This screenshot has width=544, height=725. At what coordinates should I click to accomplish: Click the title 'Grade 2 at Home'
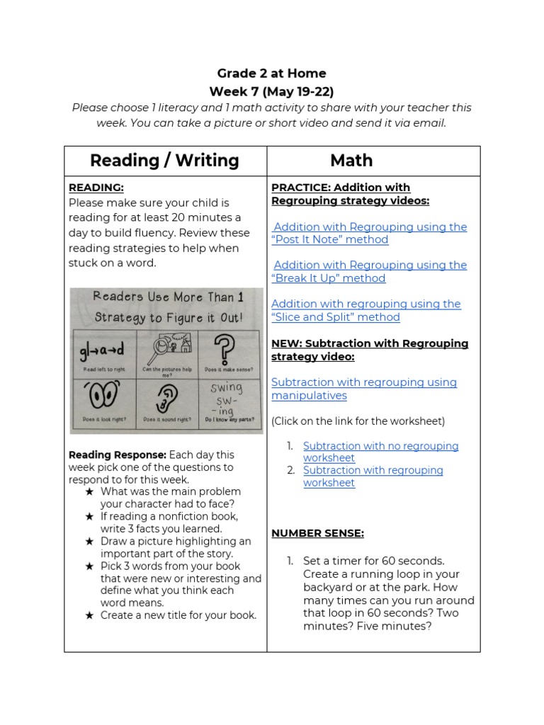[271, 73]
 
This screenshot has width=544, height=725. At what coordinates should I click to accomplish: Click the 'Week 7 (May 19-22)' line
[271, 91]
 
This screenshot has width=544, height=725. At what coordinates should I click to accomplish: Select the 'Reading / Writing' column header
[164, 161]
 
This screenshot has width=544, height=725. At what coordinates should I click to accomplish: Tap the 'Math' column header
[351, 161]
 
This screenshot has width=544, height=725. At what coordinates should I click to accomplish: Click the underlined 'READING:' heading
[96, 188]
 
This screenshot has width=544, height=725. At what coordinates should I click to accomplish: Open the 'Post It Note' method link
[368, 233]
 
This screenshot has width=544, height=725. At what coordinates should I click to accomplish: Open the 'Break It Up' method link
[368, 271]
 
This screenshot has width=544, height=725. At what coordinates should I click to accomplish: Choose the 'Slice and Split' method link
[365, 310]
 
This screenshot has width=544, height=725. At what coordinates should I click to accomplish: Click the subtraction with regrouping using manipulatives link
[363, 389]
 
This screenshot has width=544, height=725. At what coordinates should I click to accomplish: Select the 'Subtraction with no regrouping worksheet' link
[380, 452]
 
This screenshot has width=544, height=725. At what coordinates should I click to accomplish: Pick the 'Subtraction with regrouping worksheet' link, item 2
[373, 476]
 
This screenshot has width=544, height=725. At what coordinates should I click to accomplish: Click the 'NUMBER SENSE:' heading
[317, 533]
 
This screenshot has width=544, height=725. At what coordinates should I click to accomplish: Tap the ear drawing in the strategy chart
[166, 401]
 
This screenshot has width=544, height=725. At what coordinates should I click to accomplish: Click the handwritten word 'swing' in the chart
[226, 388]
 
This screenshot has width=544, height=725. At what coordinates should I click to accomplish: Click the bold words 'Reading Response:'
[118, 455]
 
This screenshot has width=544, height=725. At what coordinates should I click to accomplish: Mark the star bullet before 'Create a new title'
[89, 615]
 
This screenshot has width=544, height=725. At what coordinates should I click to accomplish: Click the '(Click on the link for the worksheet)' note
[358, 421]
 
